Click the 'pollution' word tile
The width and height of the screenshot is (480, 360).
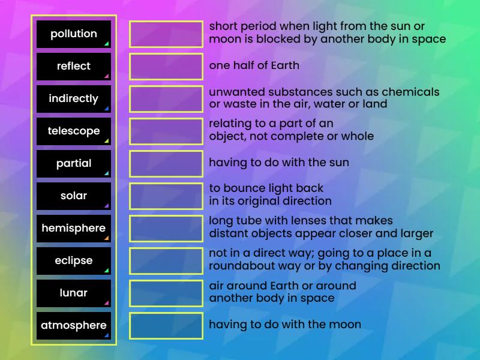click(74, 34)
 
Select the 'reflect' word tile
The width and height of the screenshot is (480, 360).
click(74, 67)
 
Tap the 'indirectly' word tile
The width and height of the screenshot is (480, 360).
click(74, 99)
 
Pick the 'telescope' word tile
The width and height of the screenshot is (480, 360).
click(74, 131)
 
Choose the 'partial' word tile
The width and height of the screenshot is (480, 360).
click(74, 164)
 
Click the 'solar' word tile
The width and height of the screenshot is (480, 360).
click(74, 196)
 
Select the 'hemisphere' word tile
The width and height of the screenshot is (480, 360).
click(74, 229)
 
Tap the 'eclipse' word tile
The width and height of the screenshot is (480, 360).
click(74, 261)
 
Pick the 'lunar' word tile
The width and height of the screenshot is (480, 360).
click(74, 293)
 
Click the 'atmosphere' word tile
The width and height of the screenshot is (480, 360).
click(74, 326)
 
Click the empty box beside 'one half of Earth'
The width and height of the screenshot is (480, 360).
click(166, 67)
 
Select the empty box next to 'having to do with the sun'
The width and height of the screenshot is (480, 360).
click(166, 164)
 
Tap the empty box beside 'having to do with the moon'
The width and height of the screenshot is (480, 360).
click(166, 326)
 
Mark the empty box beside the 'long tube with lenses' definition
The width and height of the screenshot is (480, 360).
click(166, 229)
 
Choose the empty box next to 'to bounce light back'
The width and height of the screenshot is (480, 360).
click(166, 196)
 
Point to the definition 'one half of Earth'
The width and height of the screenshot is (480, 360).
click(254, 65)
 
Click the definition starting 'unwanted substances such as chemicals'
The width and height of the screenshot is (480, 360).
click(324, 98)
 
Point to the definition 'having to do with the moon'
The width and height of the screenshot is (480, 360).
click(285, 325)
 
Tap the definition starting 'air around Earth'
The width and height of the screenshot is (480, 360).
click(283, 292)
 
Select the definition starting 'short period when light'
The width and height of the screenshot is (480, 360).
click(327, 33)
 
